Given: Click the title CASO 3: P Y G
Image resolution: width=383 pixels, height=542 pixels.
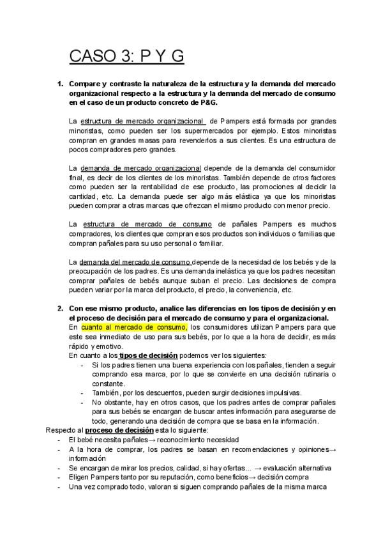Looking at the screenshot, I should click(x=126, y=57).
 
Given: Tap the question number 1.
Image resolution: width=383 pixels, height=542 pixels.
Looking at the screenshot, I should click(x=60, y=84).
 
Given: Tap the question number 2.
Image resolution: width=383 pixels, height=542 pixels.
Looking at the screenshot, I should click(x=60, y=309).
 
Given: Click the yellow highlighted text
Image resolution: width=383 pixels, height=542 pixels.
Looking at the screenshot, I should click(x=133, y=327).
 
